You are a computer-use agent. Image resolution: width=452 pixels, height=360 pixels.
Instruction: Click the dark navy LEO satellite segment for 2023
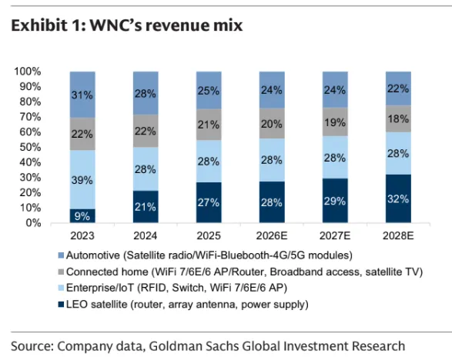point(82,215)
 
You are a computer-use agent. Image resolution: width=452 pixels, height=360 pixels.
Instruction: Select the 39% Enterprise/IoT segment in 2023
point(82,179)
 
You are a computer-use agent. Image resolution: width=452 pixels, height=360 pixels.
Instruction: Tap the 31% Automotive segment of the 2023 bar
point(82,95)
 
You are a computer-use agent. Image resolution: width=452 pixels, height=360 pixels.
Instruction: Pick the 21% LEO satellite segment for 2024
point(146,206)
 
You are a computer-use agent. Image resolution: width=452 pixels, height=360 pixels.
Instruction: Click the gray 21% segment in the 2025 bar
point(209,125)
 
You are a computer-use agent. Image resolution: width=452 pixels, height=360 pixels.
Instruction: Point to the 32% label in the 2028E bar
point(398,199)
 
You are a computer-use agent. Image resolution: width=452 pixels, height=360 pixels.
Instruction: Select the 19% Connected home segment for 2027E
point(335,122)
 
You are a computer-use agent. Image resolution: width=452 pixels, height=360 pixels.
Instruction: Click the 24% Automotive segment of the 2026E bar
point(272,90)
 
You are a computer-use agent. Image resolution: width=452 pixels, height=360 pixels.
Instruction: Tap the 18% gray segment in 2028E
point(398,118)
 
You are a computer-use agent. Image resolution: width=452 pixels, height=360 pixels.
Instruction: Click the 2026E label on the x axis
point(272,236)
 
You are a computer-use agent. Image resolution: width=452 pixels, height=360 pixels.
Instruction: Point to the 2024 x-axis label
point(146,236)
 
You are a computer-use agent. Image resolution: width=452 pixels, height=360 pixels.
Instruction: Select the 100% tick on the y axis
point(28,72)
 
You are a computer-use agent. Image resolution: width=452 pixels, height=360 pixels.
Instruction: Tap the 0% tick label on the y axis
point(33,223)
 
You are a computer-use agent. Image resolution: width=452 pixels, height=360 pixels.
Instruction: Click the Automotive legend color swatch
point(61,255)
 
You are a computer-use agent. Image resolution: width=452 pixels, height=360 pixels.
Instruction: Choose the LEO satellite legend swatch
point(61,305)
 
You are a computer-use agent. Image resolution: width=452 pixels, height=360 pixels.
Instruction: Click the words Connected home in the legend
point(107,272)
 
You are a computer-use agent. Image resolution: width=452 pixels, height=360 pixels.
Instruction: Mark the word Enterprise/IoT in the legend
point(100,288)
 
